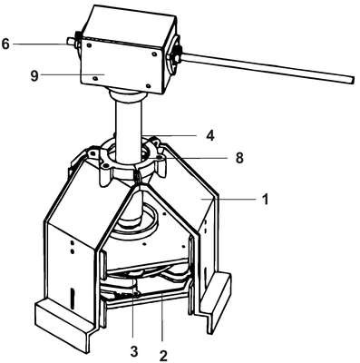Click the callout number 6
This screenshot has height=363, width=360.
coord(5,44)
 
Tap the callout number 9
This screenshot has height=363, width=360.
coord(34,75)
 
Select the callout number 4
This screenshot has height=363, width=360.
coord(210,136)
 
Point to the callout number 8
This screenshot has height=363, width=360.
coord(239,158)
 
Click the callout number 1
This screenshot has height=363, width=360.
coord(265,200)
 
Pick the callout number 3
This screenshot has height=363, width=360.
coord(134,351)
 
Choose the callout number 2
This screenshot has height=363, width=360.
coord(163,356)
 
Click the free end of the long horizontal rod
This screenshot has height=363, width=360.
coord(353,80)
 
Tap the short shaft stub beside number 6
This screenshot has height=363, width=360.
coord(71,41)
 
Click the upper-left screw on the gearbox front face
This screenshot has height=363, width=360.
coord(90,45)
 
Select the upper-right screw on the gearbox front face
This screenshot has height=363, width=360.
coord(154,54)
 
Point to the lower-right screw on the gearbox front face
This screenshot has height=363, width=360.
coord(148,86)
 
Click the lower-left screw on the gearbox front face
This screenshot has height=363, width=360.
coord(95,78)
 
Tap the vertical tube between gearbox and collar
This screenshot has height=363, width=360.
coord(129,127)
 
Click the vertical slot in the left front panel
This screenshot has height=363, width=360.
coord(72,299)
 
